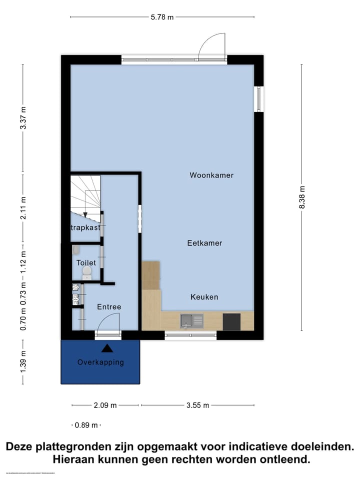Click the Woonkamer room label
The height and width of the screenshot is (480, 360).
211,175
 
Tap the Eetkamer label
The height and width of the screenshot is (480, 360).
204,243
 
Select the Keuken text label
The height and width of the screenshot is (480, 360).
204,297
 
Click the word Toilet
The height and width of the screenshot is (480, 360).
86,262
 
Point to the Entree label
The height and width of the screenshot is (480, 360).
109,307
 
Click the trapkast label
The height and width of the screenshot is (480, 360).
85,227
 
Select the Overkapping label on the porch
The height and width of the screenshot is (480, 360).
100,362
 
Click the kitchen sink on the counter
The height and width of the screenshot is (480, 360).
191,320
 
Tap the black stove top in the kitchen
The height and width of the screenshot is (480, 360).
231,321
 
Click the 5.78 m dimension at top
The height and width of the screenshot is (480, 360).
162,17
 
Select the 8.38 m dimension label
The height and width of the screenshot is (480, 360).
302,198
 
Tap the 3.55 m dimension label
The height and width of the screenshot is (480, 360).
197,405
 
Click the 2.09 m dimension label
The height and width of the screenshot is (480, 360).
105,405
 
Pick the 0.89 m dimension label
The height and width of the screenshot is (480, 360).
86,425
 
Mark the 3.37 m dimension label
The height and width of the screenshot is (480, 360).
23,118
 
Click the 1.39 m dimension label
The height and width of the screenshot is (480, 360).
23,360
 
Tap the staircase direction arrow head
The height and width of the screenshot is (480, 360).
85,214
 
